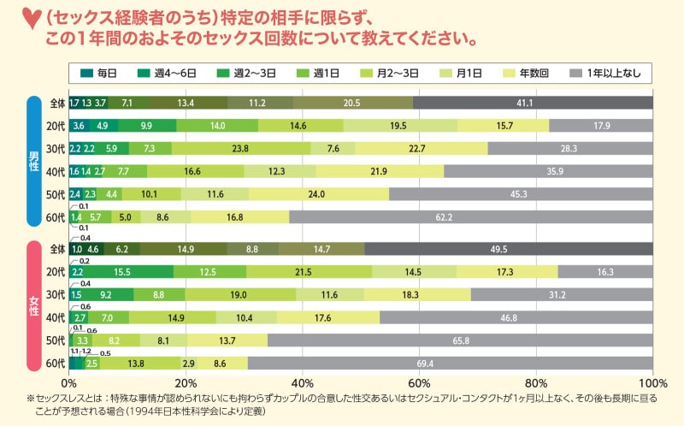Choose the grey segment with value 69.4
pos(450,363)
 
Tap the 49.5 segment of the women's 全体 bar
pos(508,249)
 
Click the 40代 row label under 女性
pos(56,317)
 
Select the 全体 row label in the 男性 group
pos(56,103)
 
